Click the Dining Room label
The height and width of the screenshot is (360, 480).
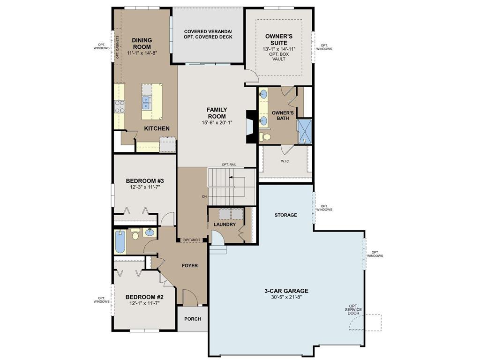tap(141, 44)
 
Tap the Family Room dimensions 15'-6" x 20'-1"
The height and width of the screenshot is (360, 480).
tap(216, 123)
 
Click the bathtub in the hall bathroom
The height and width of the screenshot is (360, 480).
tap(120, 241)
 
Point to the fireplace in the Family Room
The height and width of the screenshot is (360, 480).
tap(252, 126)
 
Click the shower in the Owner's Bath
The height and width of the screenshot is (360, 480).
tap(306, 131)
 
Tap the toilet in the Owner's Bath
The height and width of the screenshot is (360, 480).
tap(266, 137)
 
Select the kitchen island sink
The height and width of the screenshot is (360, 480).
tap(147, 100)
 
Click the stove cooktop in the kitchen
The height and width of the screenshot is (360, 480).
tap(119, 106)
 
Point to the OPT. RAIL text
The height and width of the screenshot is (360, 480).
tap(229, 165)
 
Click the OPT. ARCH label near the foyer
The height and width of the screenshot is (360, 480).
tap(191, 240)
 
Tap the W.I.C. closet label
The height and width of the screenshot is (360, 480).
tap(285, 162)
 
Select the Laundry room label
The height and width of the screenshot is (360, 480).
tap(224, 225)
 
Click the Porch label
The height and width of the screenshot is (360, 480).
tap(192, 319)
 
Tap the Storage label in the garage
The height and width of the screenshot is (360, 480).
tap(285, 215)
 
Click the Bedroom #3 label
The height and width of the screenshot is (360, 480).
tap(144, 180)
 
